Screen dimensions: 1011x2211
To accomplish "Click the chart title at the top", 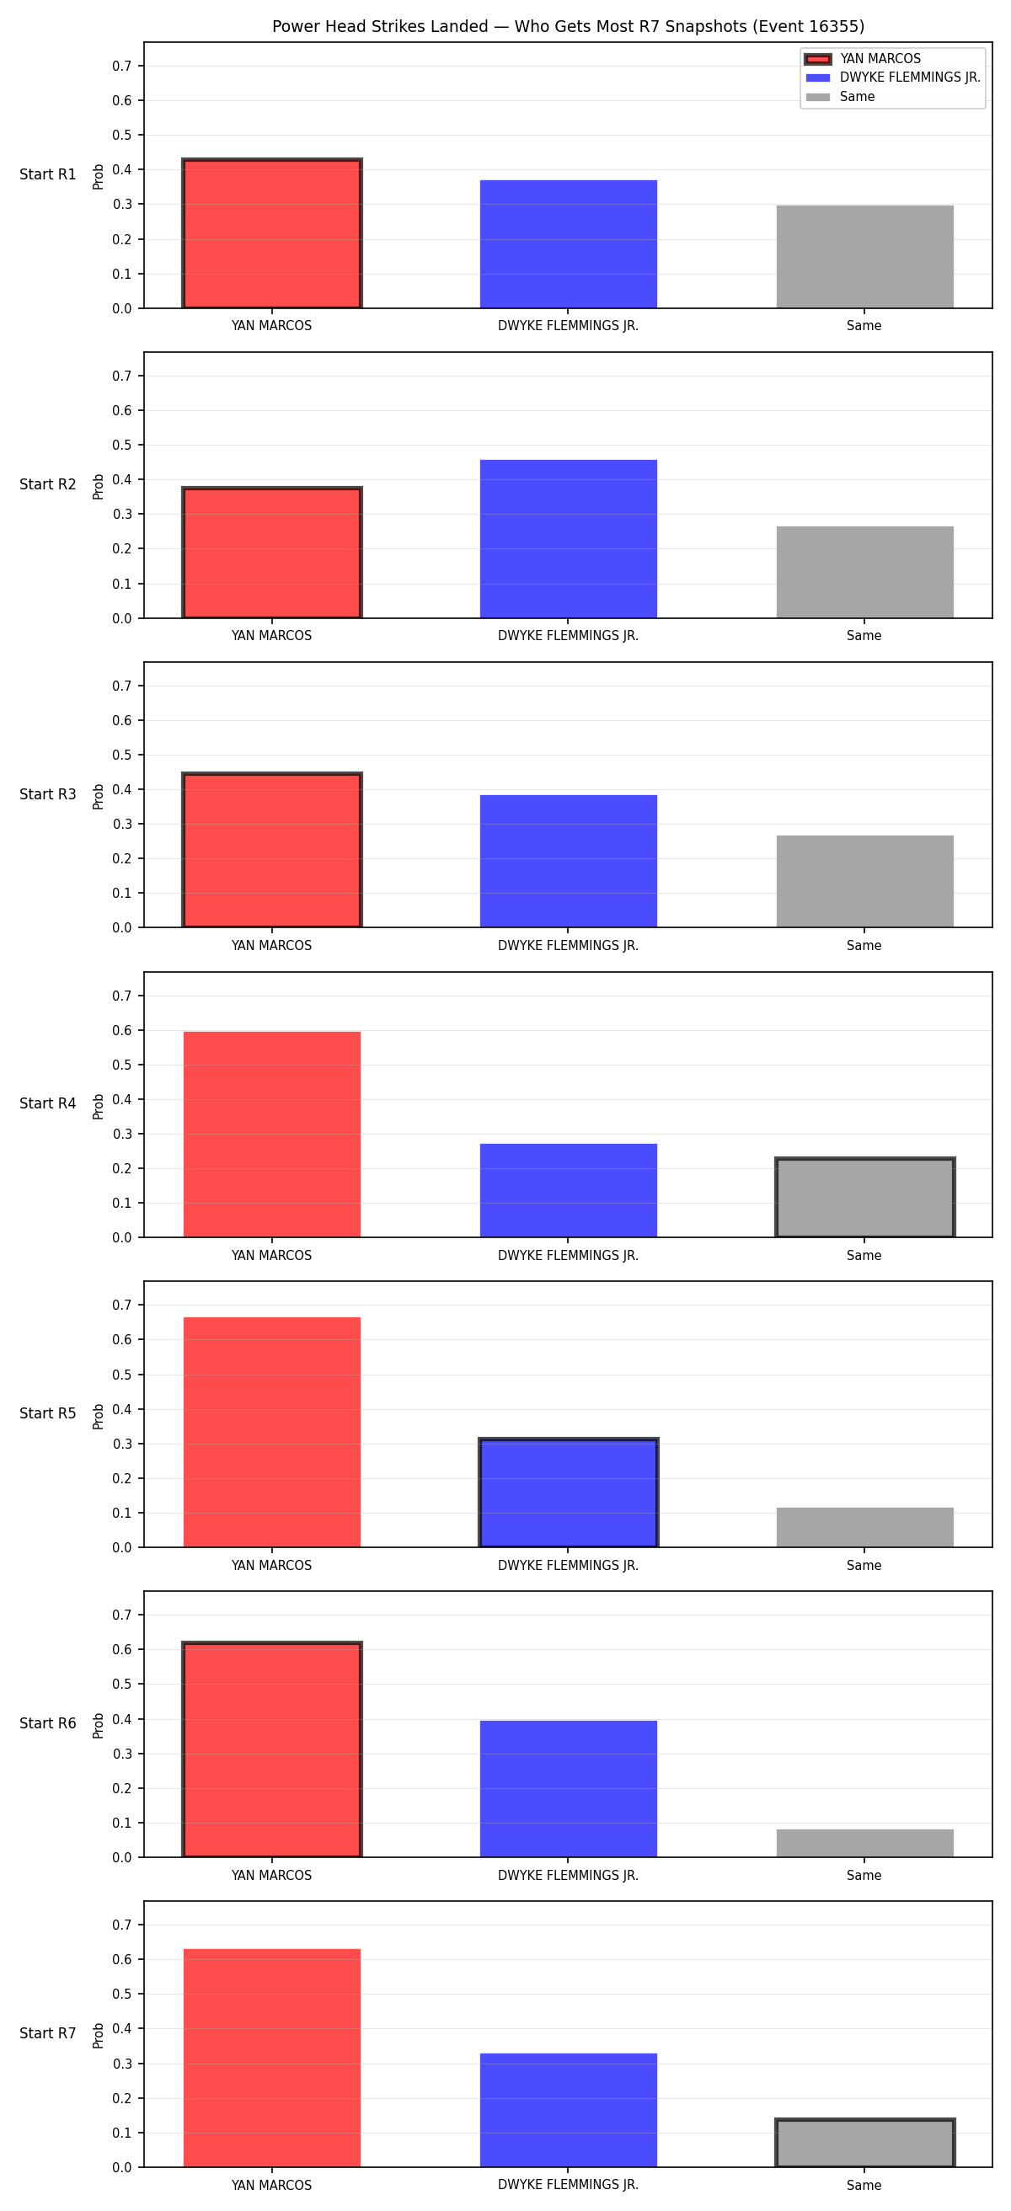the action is click(x=568, y=27).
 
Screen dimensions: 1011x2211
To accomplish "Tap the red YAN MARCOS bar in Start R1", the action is click(x=272, y=233).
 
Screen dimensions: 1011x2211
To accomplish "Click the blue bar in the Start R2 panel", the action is click(x=568, y=539).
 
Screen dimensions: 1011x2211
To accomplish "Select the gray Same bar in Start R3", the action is click(x=865, y=882).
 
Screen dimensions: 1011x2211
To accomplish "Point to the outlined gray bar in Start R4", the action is click(x=865, y=1199).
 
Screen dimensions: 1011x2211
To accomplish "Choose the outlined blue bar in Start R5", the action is click(x=568, y=1493).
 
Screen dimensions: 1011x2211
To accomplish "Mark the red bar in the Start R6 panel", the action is click(x=272, y=1749).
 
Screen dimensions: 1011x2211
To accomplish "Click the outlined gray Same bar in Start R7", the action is click(x=865, y=2143).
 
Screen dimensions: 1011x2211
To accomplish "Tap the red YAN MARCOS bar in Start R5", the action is click(x=272, y=1433).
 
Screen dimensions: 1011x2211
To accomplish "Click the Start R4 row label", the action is click(x=48, y=1103).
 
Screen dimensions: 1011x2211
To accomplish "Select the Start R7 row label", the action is click(x=48, y=2033).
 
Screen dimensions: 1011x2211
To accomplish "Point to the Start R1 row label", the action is click(x=48, y=174).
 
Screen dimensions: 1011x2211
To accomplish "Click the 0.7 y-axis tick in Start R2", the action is click(x=122, y=376).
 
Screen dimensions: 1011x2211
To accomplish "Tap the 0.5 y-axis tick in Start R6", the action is click(x=122, y=1684).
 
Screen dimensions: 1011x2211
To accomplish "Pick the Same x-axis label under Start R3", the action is click(x=864, y=946).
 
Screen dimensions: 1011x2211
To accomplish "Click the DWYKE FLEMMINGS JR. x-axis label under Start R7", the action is click(x=568, y=2185).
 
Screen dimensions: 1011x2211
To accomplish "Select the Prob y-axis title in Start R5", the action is click(x=99, y=1416).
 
